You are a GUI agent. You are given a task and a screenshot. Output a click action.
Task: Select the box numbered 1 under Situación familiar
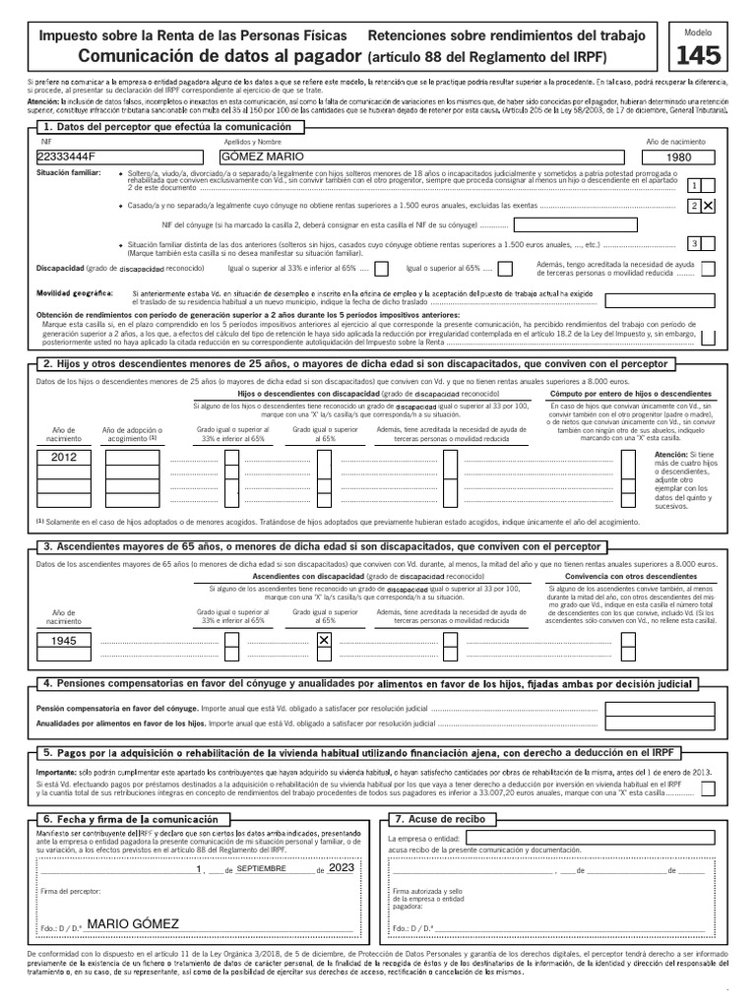(695, 185)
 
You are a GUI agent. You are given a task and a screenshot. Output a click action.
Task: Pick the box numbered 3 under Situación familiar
(695, 243)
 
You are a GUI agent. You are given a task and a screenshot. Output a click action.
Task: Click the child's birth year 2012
(63, 457)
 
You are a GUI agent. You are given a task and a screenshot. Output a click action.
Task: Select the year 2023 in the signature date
(342, 868)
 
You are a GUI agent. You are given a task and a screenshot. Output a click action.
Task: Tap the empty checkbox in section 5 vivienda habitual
(711, 788)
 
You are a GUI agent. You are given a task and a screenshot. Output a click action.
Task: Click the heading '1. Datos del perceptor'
(167, 128)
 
